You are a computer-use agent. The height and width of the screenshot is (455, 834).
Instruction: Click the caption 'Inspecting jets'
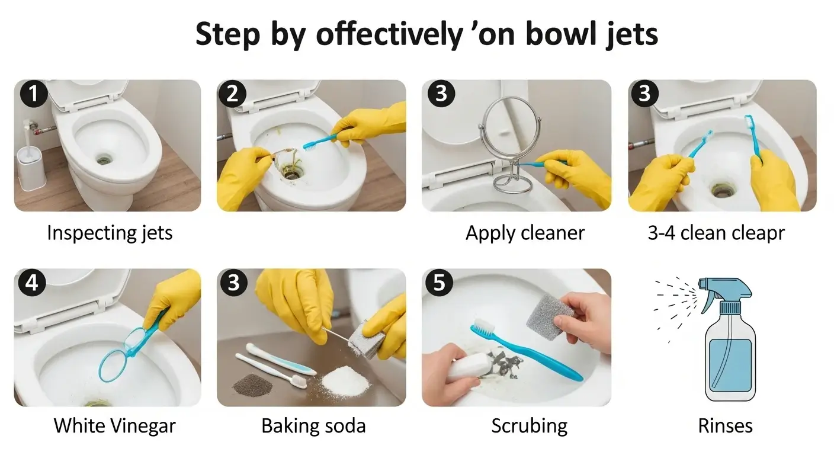pyautogui.click(x=110, y=232)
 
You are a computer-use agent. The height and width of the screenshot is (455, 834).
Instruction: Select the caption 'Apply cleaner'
pyautogui.click(x=525, y=232)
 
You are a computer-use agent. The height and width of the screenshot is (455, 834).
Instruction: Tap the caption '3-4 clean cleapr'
pyautogui.click(x=716, y=232)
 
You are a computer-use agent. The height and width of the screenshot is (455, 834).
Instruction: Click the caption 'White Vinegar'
pyautogui.click(x=114, y=425)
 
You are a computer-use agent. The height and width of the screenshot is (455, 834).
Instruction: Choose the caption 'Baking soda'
pyautogui.click(x=313, y=425)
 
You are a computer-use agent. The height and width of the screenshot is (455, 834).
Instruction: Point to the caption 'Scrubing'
pyautogui.click(x=529, y=425)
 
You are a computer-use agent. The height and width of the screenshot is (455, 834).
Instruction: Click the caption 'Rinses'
pyautogui.click(x=725, y=425)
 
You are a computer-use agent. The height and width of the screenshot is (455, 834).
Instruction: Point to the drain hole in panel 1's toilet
pyautogui.click(x=105, y=159)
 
